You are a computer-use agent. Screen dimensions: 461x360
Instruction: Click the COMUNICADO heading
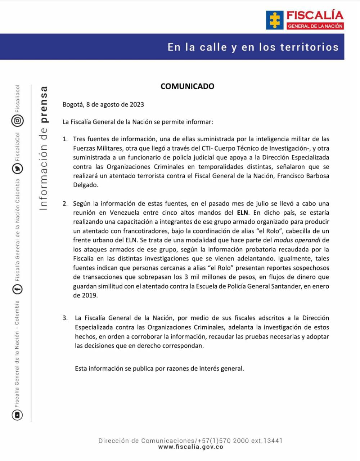click(187, 86)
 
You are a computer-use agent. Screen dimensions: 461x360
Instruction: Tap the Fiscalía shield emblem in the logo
click(275, 20)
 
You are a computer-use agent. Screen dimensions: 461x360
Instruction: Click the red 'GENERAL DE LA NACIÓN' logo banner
click(315, 26)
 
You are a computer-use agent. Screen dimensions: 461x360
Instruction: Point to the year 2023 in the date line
click(137, 105)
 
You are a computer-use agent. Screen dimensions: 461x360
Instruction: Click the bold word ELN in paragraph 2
click(243, 213)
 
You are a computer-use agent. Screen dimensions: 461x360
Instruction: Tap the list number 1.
click(65, 139)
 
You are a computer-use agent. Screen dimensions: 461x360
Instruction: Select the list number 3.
click(65, 318)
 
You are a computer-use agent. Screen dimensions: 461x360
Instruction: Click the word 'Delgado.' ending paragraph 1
click(85, 185)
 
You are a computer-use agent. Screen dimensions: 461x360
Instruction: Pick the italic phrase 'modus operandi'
click(297, 240)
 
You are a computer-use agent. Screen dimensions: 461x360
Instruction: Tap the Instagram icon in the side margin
click(17, 121)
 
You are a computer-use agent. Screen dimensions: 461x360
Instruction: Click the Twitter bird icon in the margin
click(17, 168)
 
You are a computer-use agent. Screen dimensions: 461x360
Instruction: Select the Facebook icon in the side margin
click(17, 289)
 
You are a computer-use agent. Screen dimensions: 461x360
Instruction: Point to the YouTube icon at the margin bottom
click(17, 415)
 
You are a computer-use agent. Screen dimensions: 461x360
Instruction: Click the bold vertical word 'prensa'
click(44, 105)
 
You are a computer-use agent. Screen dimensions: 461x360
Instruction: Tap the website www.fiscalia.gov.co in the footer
click(191, 447)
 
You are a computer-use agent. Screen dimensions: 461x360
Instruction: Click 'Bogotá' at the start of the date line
click(73, 105)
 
